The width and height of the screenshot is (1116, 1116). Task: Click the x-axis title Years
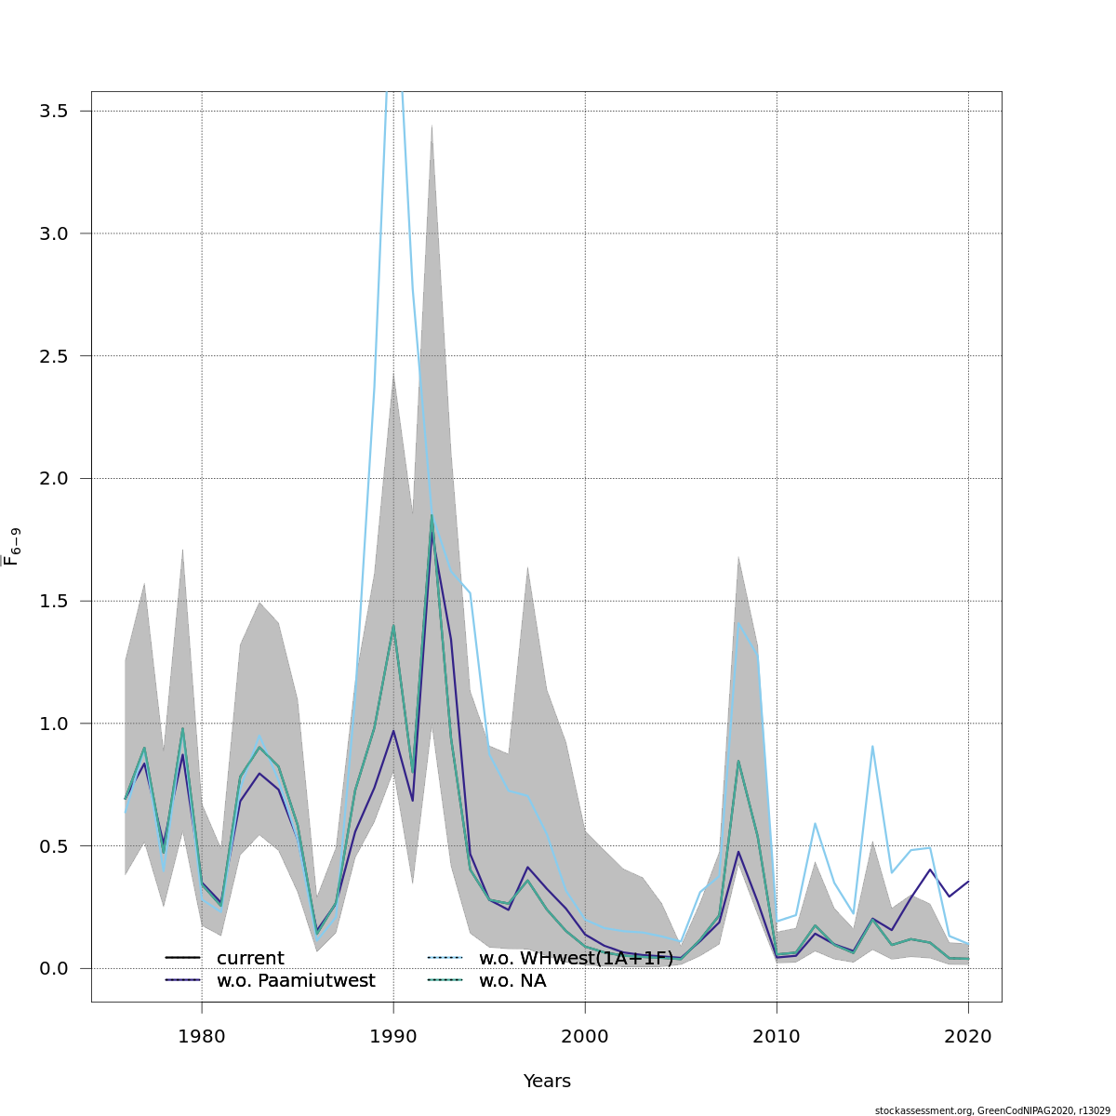[547, 1082]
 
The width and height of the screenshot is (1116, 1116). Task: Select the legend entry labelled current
[250, 959]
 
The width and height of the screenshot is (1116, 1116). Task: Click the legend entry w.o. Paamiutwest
[296, 981]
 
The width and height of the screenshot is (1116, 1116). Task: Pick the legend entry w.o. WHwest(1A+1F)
[576, 959]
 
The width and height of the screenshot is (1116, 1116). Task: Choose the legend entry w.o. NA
[512, 981]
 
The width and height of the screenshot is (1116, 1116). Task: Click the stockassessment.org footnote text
[992, 1110]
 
